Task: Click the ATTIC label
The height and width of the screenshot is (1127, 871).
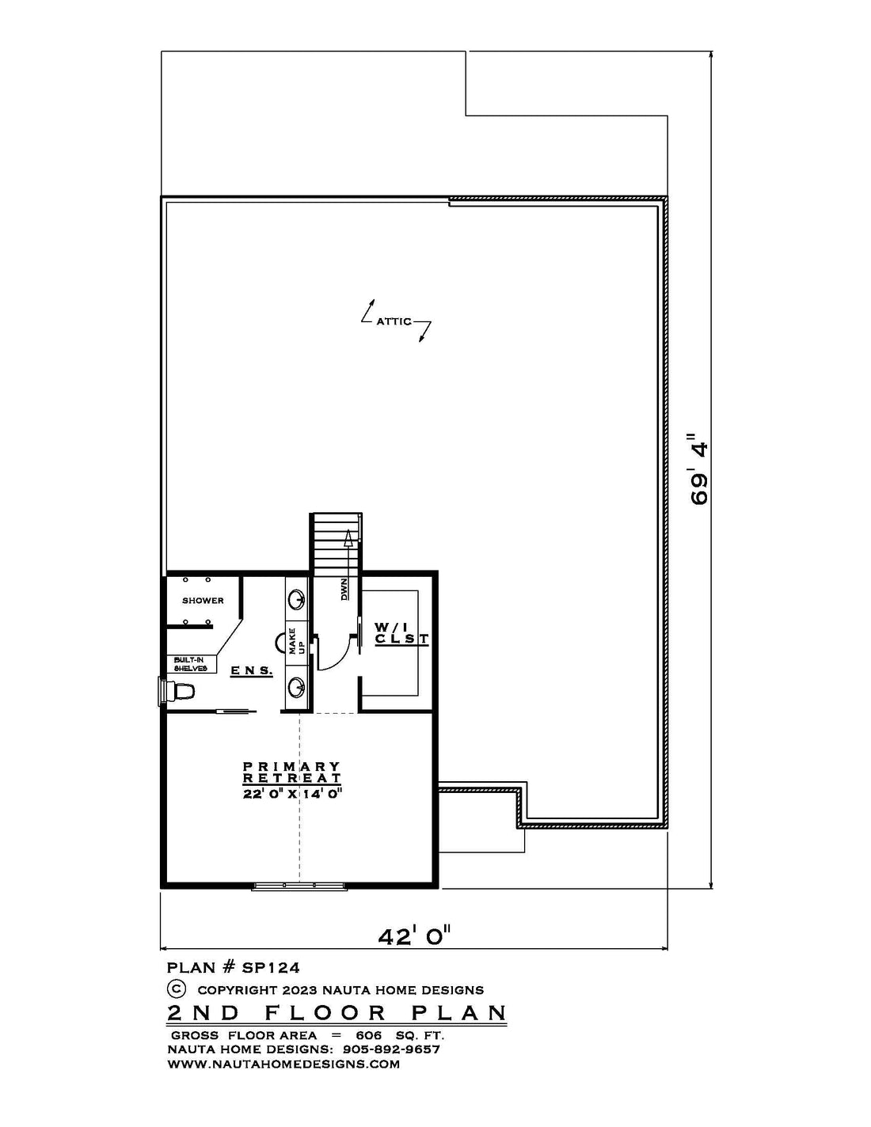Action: coord(394,321)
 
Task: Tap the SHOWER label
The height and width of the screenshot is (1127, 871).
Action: coord(203,601)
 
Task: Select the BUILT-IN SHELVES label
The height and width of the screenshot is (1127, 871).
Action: coord(190,664)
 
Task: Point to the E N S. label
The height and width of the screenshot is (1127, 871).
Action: coord(252,670)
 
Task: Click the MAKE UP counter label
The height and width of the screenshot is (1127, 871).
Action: coord(296,641)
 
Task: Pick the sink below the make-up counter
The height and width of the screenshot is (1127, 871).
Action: coord(297,688)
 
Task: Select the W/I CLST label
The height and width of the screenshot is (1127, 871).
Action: coord(402,632)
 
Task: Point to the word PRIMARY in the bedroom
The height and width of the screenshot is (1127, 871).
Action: coord(292,766)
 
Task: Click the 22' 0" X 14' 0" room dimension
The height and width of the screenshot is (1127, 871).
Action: coord(292,794)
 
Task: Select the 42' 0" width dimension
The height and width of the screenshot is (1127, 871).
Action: coord(413,936)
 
